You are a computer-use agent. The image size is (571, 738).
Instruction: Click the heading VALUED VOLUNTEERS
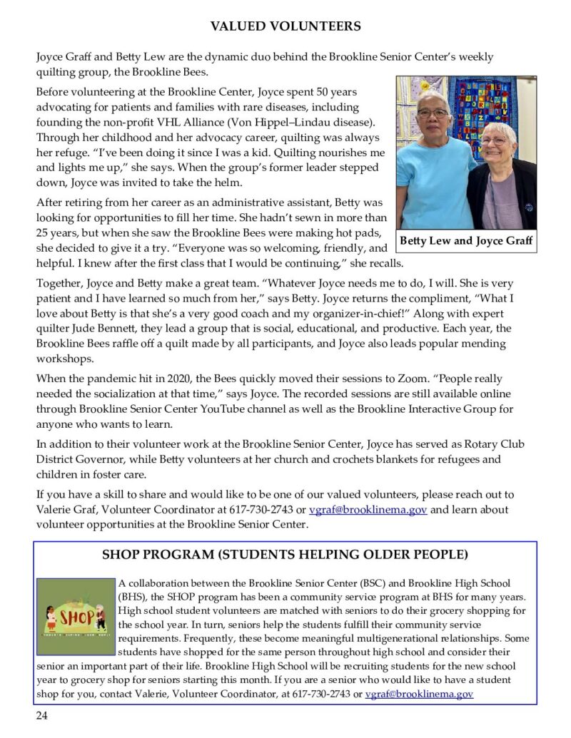pyautogui.click(x=285, y=27)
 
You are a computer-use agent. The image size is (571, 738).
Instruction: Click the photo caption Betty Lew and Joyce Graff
pyautogui.click(x=466, y=241)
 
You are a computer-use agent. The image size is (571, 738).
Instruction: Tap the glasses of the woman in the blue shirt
pyautogui.click(x=433, y=113)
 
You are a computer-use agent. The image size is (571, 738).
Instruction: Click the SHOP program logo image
pyautogui.click(x=76, y=617)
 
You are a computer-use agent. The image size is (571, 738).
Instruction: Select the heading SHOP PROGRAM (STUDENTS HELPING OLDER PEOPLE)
pyautogui.click(x=285, y=555)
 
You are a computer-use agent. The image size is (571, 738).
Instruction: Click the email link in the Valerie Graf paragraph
pyautogui.click(x=368, y=510)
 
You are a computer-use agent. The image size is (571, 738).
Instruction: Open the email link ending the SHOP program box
pyautogui.click(x=419, y=693)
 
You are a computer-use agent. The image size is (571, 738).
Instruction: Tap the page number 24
pyautogui.click(x=43, y=716)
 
